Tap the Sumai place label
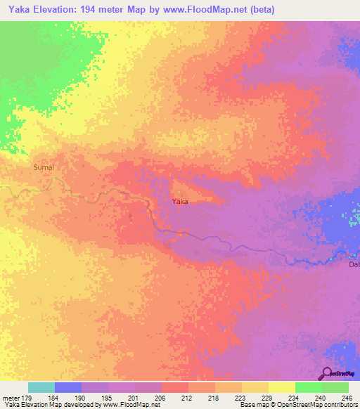coord(44,167)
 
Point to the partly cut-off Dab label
coord(354,264)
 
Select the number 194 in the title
coord(98,10)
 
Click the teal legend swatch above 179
coord(41,387)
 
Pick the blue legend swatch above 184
coord(67,387)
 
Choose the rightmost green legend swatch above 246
coord(335,387)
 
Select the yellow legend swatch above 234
coord(281,387)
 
